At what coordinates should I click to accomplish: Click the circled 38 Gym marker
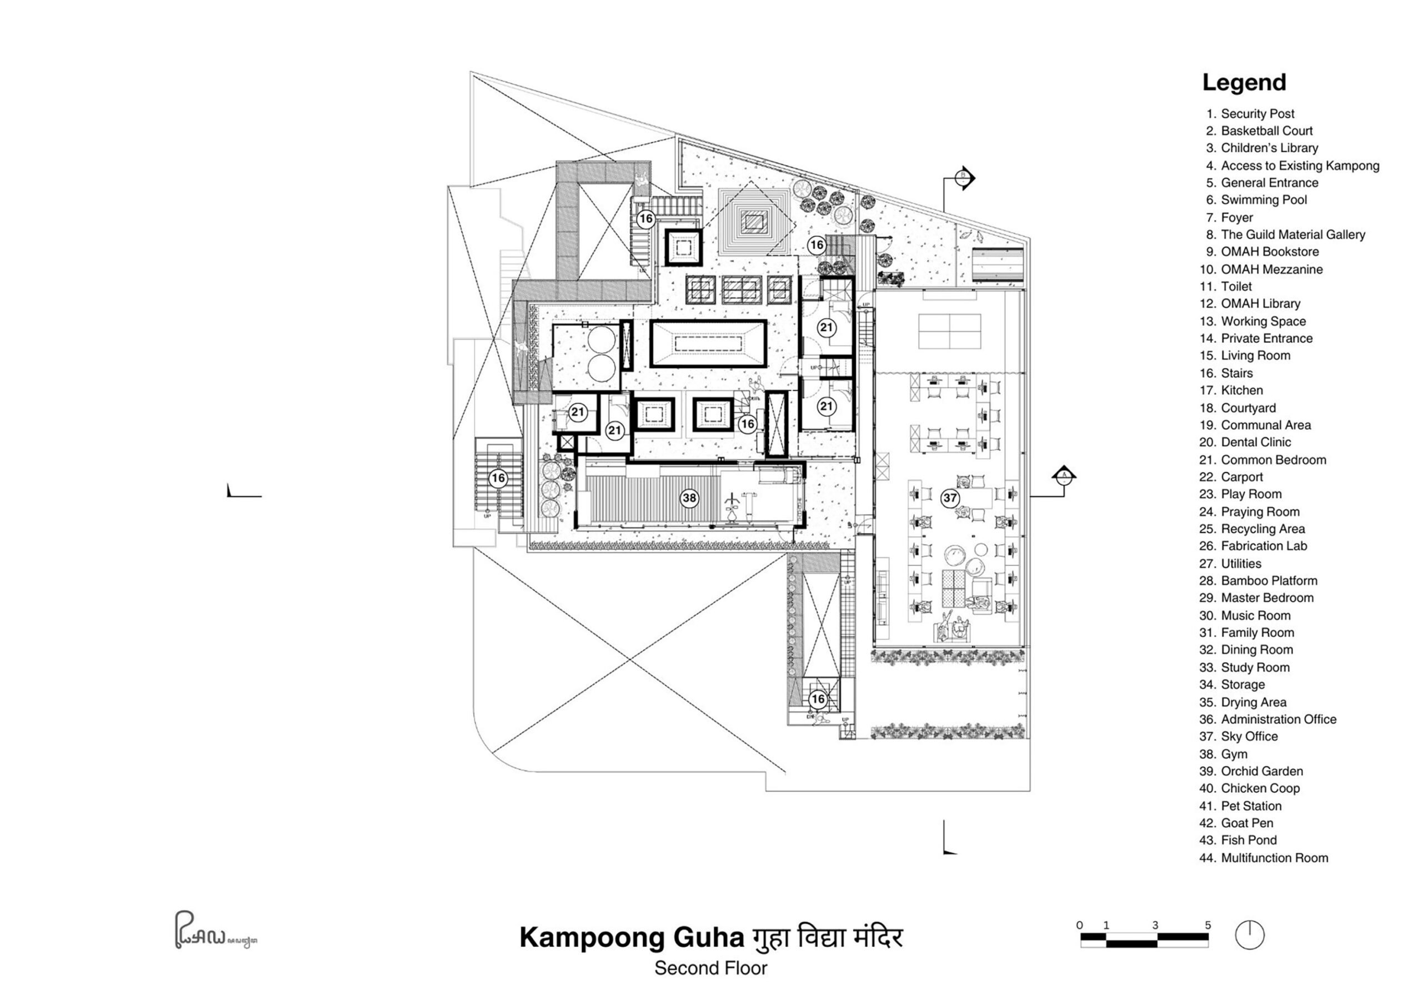tap(689, 498)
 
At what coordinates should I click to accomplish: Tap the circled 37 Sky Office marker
tap(949, 498)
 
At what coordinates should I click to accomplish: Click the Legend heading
tap(1244, 82)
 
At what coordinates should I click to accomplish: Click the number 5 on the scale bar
tap(1207, 925)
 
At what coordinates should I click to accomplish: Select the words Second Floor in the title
tap(710, 968)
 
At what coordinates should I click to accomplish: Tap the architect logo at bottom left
tap(214, 930)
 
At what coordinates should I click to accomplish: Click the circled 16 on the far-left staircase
tap(498, 478)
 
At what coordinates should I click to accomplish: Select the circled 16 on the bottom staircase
tap(818, 699)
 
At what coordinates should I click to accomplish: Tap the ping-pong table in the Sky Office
tap(949, 331)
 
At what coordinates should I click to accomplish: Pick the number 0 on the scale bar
tap(1079, 925)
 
